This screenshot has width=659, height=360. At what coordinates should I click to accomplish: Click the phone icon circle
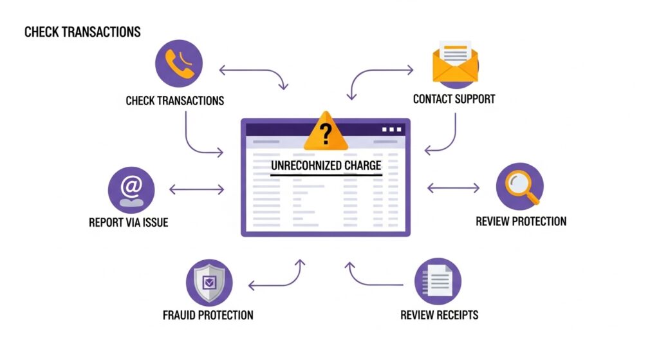click(x=179, y=63)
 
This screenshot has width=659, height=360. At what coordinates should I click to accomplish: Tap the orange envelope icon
click(x=455, y=63)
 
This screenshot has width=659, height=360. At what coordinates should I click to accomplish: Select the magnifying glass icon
click(x=519, y=186)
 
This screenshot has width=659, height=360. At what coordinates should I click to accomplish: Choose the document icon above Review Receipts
click(x=438, y=281)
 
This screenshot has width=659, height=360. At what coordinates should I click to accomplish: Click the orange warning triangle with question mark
click(x=326, y=131)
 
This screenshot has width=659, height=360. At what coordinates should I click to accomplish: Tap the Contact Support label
click(x=454, y=100)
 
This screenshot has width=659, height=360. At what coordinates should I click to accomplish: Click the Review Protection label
click(x=521, y=222)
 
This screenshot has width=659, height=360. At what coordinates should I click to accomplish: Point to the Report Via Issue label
click(x=128, y=223)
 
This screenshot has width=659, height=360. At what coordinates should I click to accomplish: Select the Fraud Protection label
click(x=208, y=316)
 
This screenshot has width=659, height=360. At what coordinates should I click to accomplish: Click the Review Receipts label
click(x=439, y=316)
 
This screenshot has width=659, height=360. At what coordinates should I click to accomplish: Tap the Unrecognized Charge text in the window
click(x=326, y=166)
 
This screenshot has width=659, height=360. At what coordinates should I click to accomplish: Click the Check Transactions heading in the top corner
click(x=82, y=32)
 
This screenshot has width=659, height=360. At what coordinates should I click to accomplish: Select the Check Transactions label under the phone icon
click(x=174, y=100)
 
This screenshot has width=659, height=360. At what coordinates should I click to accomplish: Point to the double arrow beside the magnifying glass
click(x=453, y=188)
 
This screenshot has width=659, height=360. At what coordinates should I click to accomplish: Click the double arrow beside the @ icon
click(x=196, y=189)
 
